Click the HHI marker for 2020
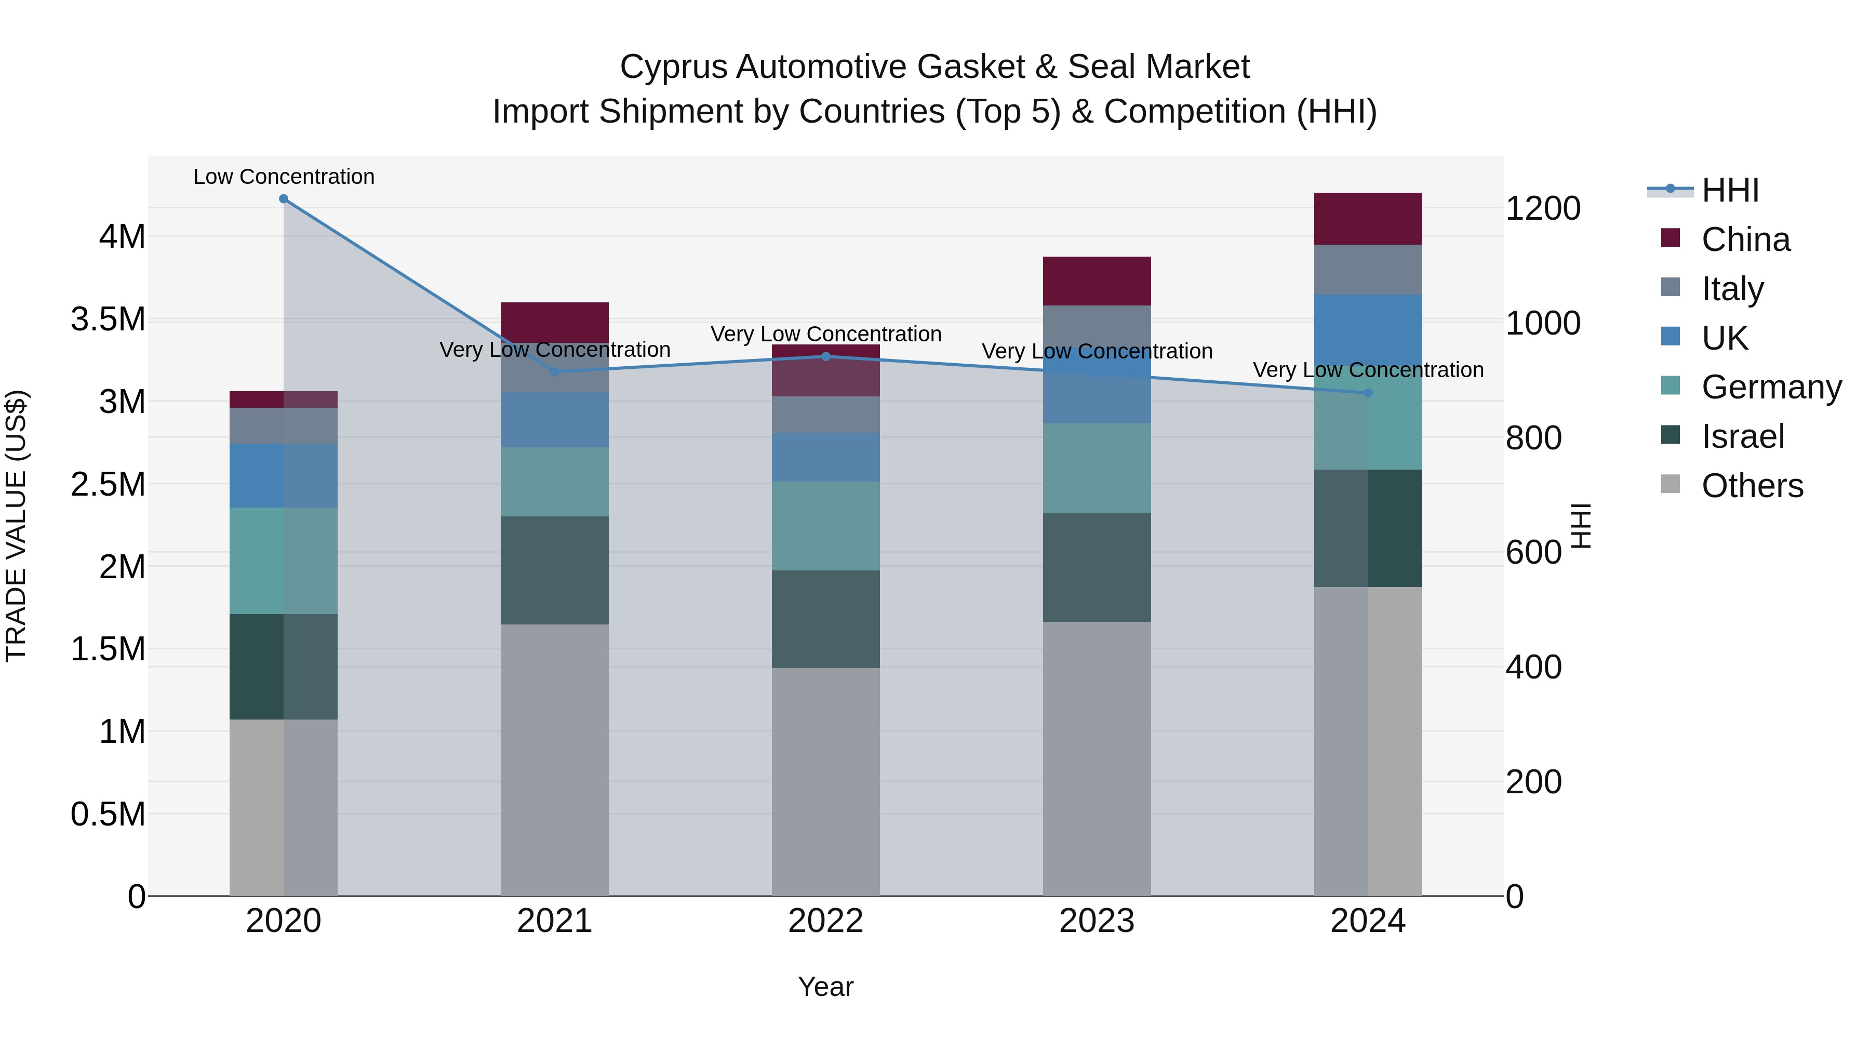[x=284, y=199]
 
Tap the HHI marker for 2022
[x=825, y=356]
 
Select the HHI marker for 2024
[x=1368, y=393]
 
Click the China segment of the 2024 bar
[x=1368, y=219]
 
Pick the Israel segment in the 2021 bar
[x=555, y=570]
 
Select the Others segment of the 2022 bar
[x=825, y=781]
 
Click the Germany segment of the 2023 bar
[x=1097, y=468]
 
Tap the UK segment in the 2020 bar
[x=283, y=475]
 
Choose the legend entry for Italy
[x=1731, y=289]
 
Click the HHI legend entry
[x=1730, y=190]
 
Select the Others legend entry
[x=1751, y=486]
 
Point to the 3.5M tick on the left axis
[x=108, y=319]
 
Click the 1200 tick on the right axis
[x=1543, y=208]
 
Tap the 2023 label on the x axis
[x=1097, y=921]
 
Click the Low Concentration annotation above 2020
[x=284, y=177]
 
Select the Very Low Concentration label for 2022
[x=825, y=334]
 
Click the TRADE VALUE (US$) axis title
[x=16, y=526]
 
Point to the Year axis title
[x=825, y=987]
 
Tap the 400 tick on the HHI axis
[x=1533, y=667]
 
